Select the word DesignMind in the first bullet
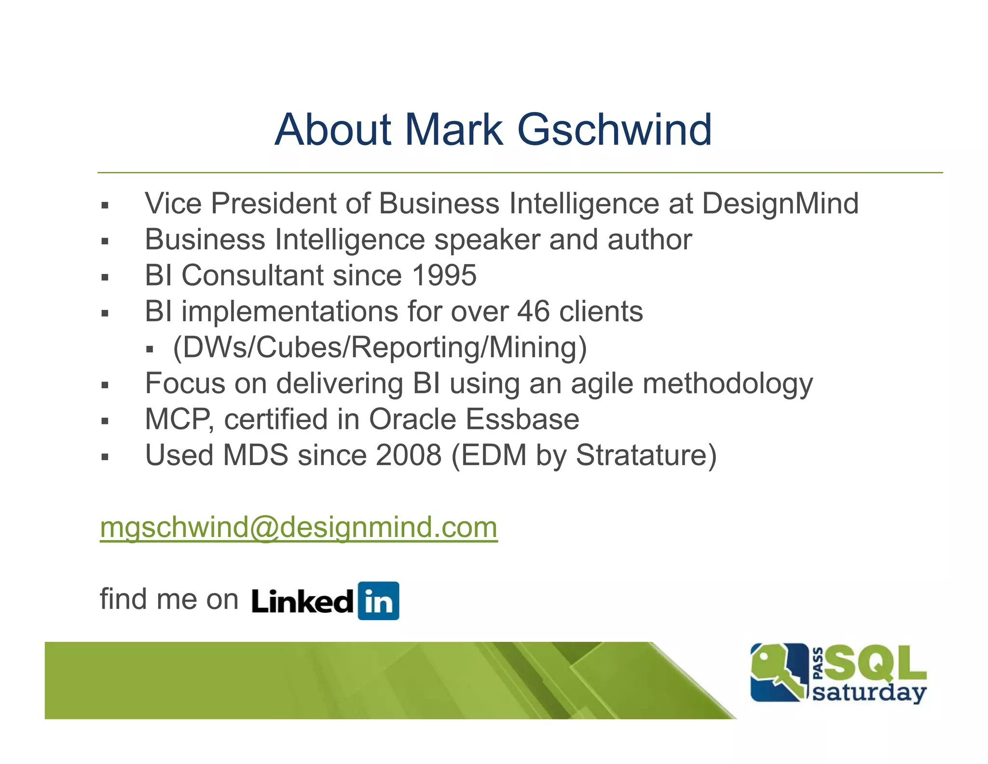click(x=780, y=203)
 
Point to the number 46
click(x=533, y=311)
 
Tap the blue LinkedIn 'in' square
click(x=378, y=601)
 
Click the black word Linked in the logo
click(x=302, y=602)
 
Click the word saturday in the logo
click(x=869, y=693)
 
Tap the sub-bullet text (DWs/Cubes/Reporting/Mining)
click(x=380, y=347)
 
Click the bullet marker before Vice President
click(x=105, y=205)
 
